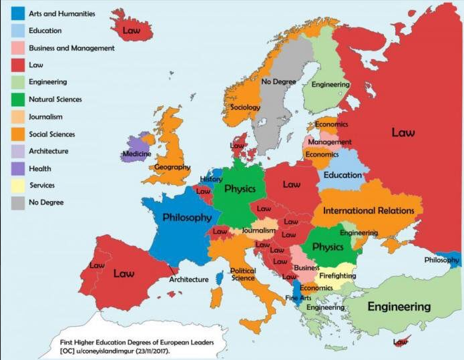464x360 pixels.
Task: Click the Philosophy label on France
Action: point(187,218)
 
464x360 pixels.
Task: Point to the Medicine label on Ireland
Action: point(137,154)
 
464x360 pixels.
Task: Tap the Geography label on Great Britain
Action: point(172,167)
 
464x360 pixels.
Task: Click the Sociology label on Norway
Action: point(245,107)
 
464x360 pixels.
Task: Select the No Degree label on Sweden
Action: point(279,81)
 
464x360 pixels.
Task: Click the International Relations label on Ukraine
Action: point(369,210)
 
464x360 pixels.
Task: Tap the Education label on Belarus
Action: point(342,175)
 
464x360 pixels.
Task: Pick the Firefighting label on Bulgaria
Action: point(337,275)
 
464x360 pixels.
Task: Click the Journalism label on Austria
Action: point(259,230)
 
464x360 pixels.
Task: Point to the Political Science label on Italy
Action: point(243,274)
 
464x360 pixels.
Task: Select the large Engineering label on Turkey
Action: point(399,307)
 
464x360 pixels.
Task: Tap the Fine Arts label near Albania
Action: point(298,298)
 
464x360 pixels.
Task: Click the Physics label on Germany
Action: point(240,189)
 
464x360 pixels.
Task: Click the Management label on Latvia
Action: point(329,142)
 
